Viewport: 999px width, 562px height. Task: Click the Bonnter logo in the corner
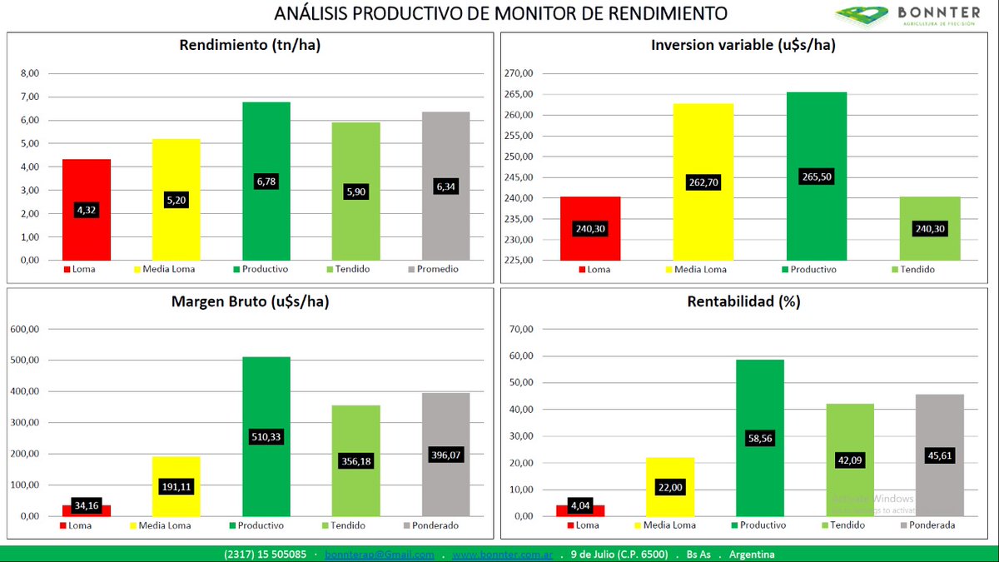point(908,15)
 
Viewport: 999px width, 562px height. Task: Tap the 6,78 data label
point(266,182)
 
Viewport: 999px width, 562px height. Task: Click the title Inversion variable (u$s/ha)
point(743,46)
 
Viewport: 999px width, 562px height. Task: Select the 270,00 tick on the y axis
point(520,73)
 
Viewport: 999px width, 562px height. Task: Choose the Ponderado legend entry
point(430,525)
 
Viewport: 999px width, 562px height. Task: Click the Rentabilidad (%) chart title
point(743,301)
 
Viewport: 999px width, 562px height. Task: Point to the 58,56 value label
point(759,437)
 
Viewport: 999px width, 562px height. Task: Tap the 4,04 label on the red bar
point(580,505)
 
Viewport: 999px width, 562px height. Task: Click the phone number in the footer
point(265,555)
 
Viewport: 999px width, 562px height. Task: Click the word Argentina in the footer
point(752,555)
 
